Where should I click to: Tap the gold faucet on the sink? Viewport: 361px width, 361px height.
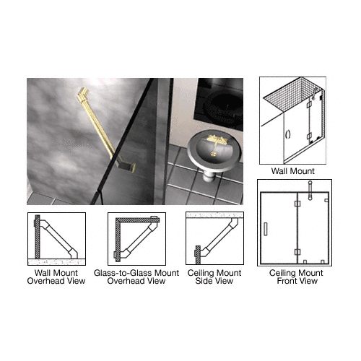click(217, 139)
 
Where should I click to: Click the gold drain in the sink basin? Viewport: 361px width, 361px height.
click(214, 153)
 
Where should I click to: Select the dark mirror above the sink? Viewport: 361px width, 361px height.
click(219, 105)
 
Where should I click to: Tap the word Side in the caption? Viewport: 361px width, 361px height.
click(202, 281)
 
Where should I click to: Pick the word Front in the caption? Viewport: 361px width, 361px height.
click(287, 281)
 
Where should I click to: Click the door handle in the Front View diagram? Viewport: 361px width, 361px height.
click(266, 229)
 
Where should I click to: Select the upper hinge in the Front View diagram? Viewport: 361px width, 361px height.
click(297, 204)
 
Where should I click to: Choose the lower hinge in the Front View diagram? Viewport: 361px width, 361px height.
click(297, 252)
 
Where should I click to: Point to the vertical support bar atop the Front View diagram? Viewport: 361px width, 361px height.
click(310, 191)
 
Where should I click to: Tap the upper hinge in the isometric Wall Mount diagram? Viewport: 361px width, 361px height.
click(309, 105)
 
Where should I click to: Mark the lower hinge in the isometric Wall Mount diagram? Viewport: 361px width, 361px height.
click(309, 136)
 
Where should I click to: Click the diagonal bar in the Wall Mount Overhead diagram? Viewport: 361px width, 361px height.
click(58, 238)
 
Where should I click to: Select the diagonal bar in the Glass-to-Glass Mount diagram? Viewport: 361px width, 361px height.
click(138, 238)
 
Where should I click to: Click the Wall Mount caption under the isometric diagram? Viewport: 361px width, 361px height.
click(292, 171)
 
